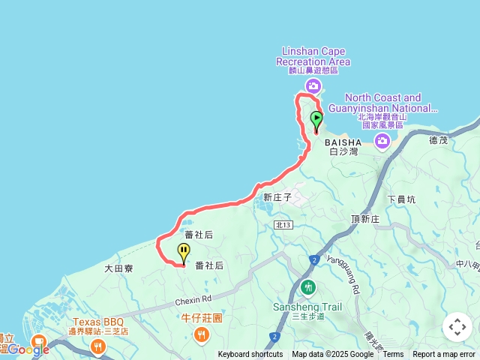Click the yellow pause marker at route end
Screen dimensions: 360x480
click(183, 253)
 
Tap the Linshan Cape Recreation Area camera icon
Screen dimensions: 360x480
click(313, 85)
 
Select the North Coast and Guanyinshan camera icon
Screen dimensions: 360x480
click(382, 140)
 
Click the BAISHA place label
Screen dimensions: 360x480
click(343, 142)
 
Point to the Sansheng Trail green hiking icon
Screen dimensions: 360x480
click(308, 287)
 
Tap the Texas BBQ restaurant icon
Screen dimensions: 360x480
click(97, 346)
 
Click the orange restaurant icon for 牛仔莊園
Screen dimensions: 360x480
click(201, 335)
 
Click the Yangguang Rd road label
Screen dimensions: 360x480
click(354, 278)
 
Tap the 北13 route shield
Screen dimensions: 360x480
click(283, 224)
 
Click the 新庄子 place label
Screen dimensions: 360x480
click(277, 197)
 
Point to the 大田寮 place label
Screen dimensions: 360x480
click(118, 268)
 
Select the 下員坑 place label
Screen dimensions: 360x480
click(401, 199)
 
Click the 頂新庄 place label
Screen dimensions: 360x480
click(365, 218)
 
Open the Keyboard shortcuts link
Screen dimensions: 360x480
click(250, 355)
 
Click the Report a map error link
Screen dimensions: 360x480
click(444, 355)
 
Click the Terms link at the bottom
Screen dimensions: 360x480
click(393, 355)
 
